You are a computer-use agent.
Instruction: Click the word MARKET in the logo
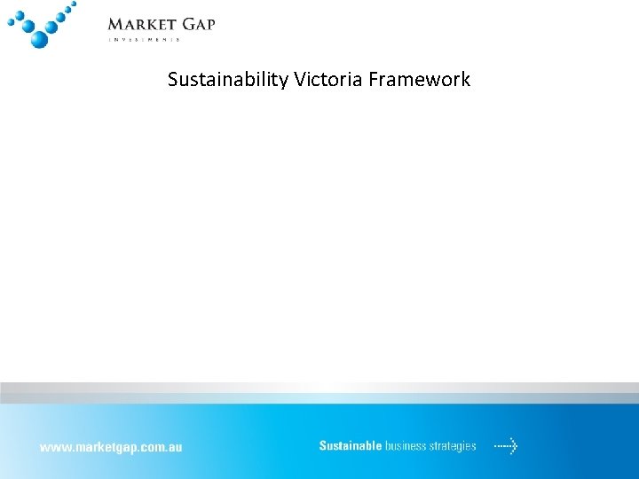[x=141, y=24]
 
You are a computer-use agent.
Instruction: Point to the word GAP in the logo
[x=198, y=24]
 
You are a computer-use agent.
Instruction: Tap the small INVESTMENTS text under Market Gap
[x=145, y=40]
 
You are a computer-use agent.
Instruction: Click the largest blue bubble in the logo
[x=38, y=39]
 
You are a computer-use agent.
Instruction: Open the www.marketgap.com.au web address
[x=110, y=447]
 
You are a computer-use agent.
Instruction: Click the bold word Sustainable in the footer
[x=350, y=446]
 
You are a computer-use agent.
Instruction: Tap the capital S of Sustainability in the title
[x=172, y=80]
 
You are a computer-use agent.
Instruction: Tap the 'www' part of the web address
[x=51, y=447]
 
